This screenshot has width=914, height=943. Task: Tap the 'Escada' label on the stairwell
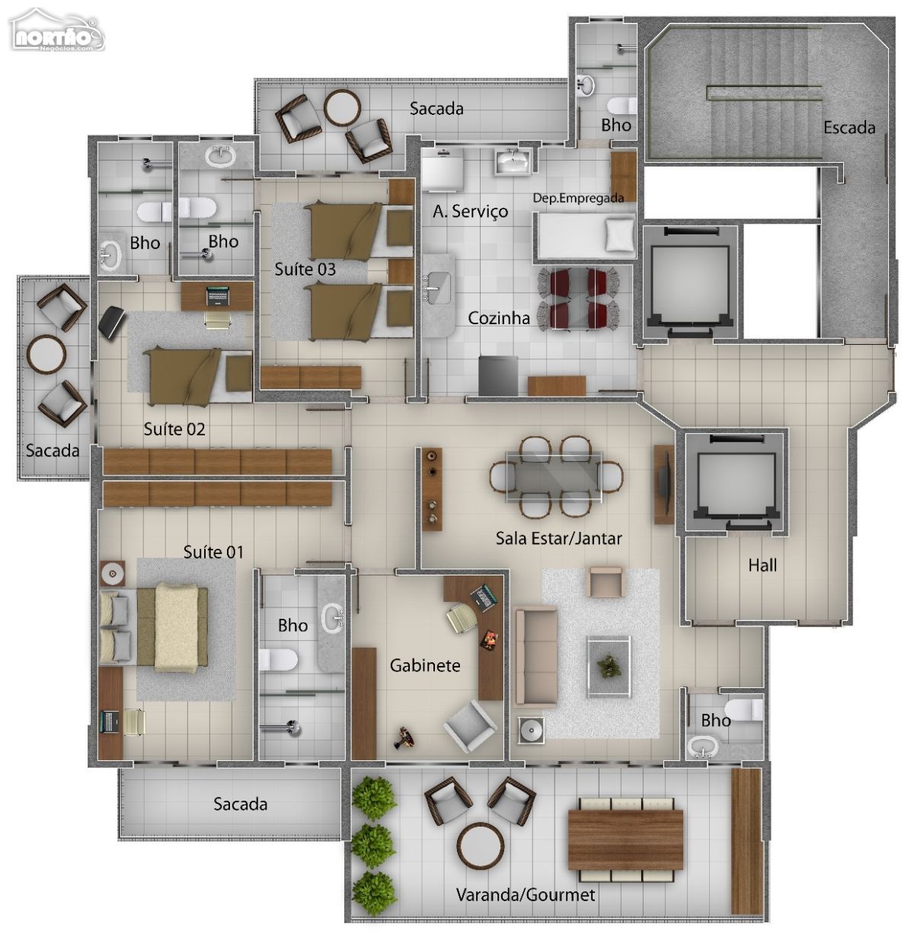click(849, 128)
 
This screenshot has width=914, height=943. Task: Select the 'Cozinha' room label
click(498, 318)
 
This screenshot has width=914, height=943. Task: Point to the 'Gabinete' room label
click(425, 665)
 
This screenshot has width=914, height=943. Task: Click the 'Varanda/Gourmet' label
click(525, 894)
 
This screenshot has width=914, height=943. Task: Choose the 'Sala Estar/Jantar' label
click(558, 538)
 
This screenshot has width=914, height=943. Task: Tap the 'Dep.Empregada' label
click(578, 198)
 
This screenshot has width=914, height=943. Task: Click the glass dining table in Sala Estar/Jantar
click(554, 477)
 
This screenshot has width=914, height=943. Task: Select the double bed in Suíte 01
click(154, 628)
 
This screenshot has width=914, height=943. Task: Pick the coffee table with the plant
click(609, 666)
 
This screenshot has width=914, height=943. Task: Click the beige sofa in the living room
click(535, 657)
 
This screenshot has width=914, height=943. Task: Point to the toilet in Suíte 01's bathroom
click(278, 660)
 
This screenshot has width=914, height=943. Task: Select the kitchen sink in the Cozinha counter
click(437, 288)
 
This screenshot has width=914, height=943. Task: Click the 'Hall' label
click(762, 565)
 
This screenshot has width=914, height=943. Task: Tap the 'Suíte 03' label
click(305, 269)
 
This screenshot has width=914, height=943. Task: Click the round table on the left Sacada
click(46, 354)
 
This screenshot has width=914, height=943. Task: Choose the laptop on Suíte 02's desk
click(217, 297)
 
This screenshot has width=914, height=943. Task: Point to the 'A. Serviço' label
click(471, 212)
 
